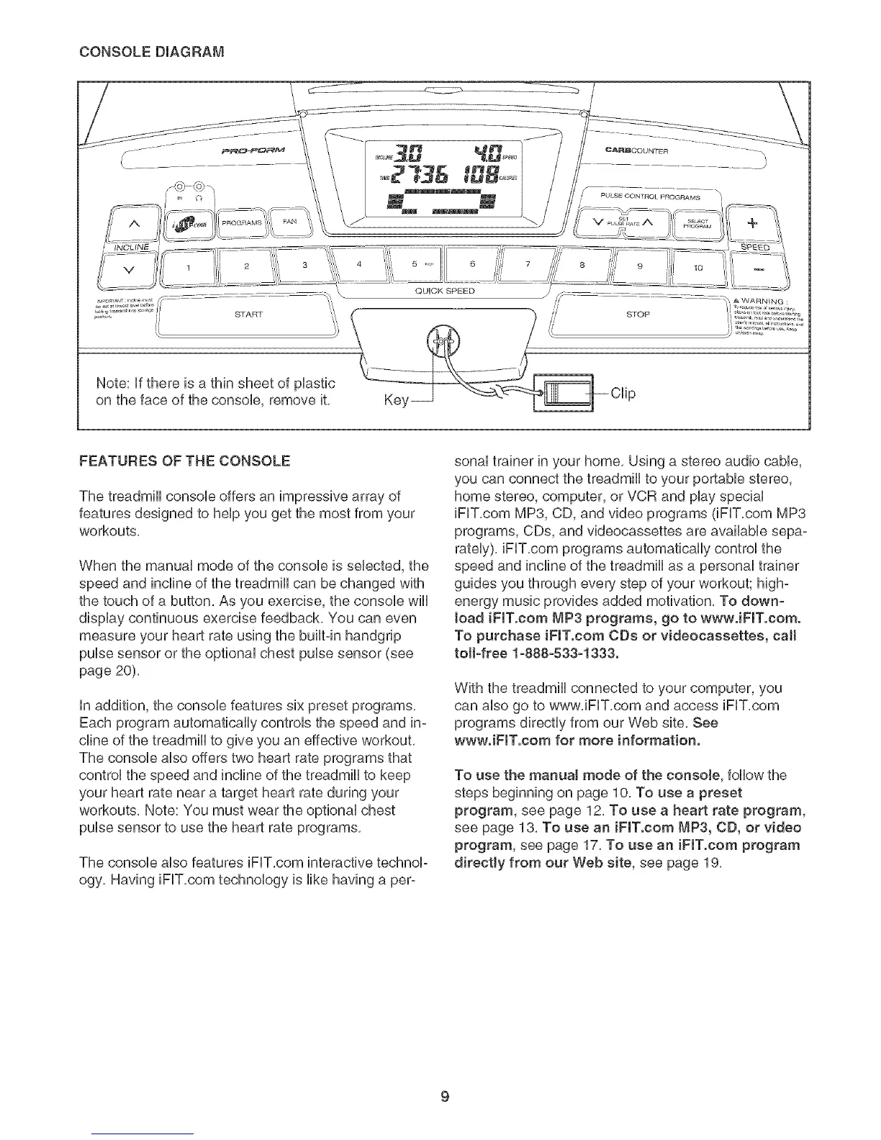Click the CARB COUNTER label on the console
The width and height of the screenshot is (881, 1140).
tap(637, 151)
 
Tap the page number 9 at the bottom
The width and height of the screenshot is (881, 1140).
tap(445, 1077)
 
